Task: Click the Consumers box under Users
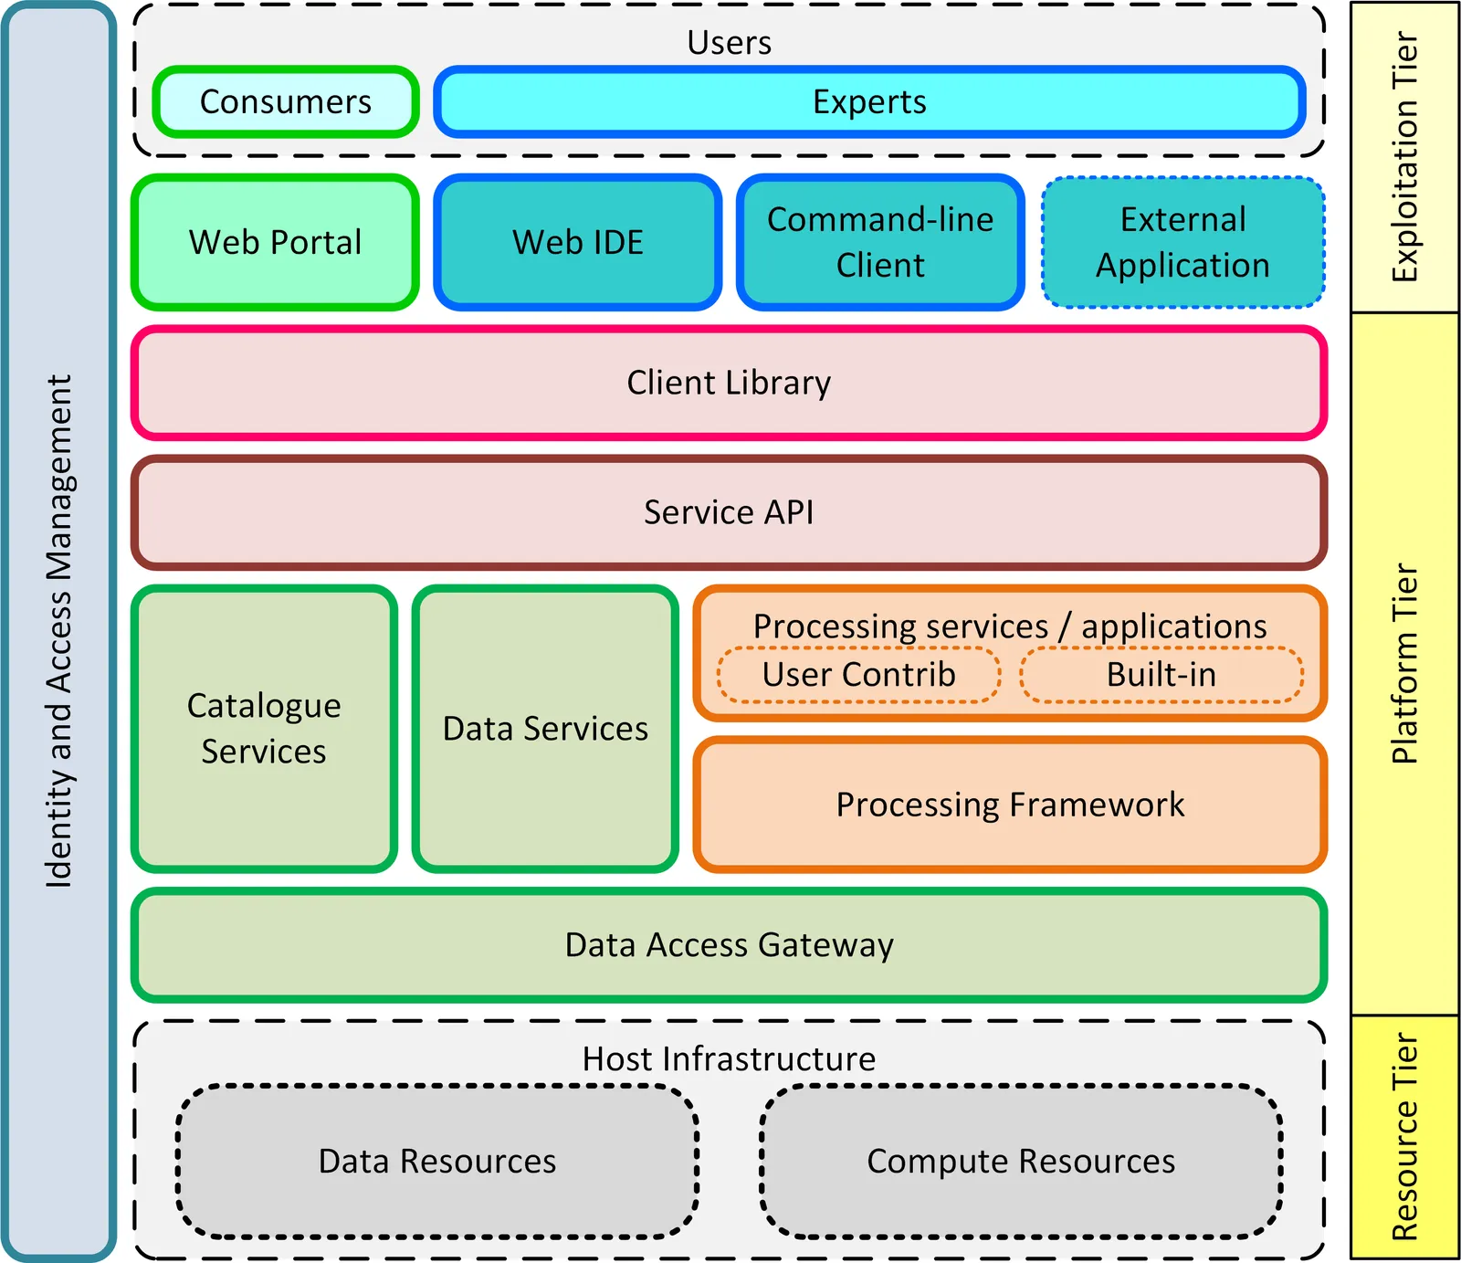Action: pyautogui.click(x=286, y=101)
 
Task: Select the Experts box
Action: pyautogui.click(x=869, y=101)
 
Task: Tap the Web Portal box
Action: pyautogui.click(x=275, y=242)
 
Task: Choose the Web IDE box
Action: pyautogui.click(x=578, y=242)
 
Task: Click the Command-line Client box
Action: pyautogui.click(x=880, y=242)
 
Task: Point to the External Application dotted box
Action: pyautogui.click(x=1182, y=242)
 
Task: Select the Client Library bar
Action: pyautogui.click(x=729, y=383)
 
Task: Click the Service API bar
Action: pyautogui.click(x=729, y=512)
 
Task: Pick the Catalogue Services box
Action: pyautogui.click(x=264, y=728)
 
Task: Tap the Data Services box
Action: pyautogui.click(x=545, y=728)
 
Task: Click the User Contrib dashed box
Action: pyautogui.click(x=858, y=675)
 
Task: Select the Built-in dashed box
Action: pyautogui.click(x=1161, y=675)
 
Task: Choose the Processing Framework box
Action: pyautogui.click(x=1010, y=805)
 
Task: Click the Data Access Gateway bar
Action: pyautogui.click(x=729, y=945)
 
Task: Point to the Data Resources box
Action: pyautogui.click(x=437, y=1161)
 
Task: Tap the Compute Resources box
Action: pyautogui.click(x=1021, y=1161)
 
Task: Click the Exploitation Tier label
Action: pyautogui.click(x=1404, y=157)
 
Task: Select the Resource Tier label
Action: pyautogui.click(x=1404, y=1137)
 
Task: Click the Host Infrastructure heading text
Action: pyautogui.click(x=729, y=1058)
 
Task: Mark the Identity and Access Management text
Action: pyautogui.click(x=58, y=630)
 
